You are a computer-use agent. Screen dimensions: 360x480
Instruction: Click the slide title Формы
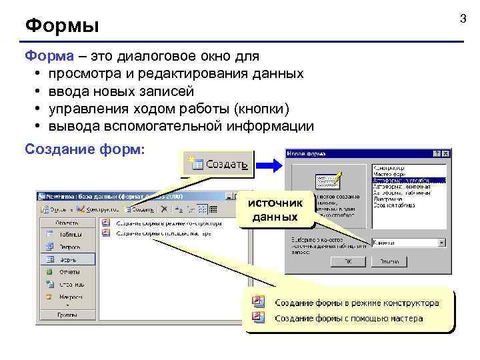coord(62,26)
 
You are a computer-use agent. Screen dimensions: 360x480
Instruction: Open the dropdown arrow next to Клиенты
coord(441,243)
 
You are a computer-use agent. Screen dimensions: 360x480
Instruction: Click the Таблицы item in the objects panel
coord(68,235)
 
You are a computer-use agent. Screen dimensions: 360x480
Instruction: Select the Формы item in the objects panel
coord(68,259)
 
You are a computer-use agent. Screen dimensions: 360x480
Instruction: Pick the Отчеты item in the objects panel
coord(68,271)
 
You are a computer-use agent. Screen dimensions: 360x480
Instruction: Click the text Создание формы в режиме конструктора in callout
coord(357,303)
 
